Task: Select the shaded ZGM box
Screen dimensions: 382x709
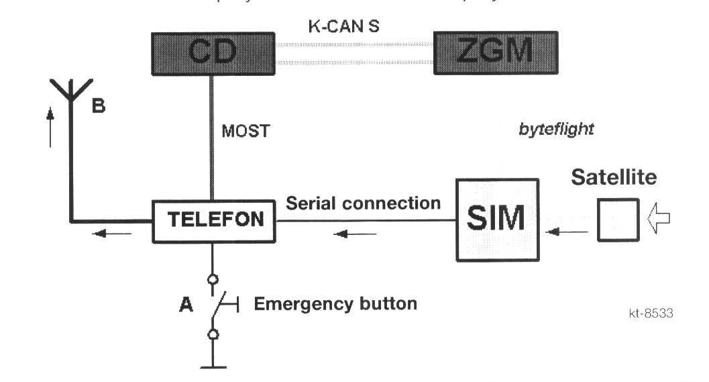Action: [494, 52]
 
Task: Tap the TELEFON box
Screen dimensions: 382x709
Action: [213, 221]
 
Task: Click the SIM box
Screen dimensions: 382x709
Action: [497, 220]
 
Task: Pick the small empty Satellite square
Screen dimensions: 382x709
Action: [618, 219]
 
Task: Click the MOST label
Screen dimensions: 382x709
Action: [245, 130]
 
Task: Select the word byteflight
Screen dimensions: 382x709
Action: [556, 130]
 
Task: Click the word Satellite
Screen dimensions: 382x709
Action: [614, 179]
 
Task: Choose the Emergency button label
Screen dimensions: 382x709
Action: [335, 304]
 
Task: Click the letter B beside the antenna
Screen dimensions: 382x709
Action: [98, 106]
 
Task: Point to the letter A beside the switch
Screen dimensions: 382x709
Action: [186, 305]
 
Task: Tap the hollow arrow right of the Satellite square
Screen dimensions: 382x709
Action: [658, 220]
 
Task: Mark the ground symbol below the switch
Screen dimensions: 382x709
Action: [213, 366]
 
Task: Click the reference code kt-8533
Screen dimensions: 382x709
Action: [649, 313]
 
